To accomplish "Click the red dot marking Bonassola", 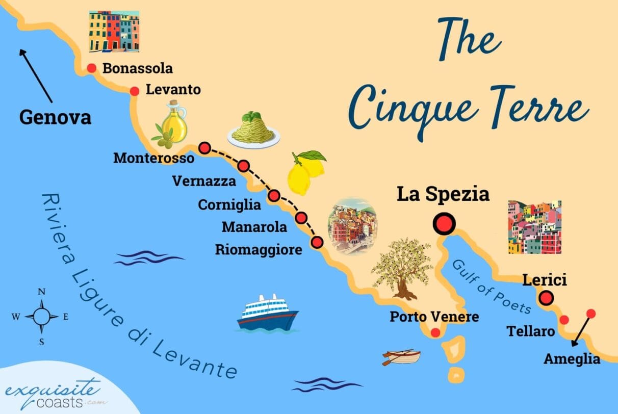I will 92,68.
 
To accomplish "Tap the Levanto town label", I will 173,90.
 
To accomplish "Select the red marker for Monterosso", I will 204,148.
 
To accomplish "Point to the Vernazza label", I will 204,181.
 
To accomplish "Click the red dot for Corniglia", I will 274,195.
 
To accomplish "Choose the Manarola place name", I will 254,226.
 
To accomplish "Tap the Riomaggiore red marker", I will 317,242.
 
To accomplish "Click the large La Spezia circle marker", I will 443,223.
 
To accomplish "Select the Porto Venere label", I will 434,317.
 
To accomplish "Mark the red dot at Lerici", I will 547,297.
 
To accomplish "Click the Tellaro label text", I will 530,331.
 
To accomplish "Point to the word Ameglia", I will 572,359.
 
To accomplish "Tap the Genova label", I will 55,118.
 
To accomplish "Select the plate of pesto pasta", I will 253,131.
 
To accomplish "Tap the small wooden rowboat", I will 401,357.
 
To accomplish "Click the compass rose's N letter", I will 42,292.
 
